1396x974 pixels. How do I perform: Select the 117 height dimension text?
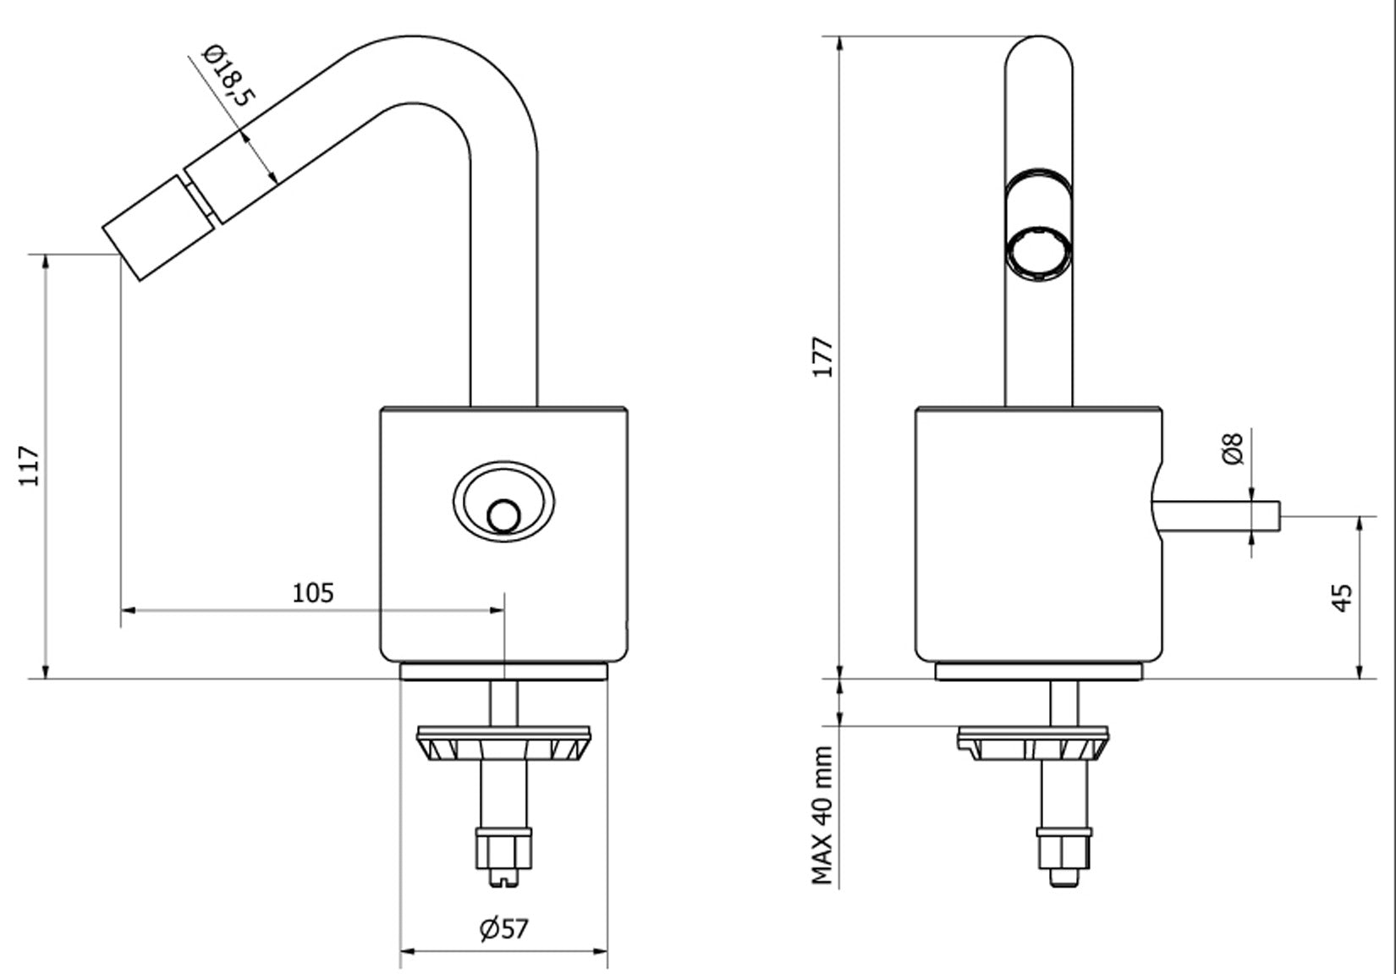30,465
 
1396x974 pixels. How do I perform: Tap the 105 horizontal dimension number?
313,593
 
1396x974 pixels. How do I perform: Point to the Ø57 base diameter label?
503,929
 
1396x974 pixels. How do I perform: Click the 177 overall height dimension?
823,357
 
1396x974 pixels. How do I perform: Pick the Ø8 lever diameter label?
1234,448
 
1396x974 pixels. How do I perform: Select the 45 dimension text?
1342,597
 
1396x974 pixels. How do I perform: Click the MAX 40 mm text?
823,815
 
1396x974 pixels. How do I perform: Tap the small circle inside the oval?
503,516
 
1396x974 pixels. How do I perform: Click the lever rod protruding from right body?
1218,515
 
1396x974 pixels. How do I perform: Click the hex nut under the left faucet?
504,847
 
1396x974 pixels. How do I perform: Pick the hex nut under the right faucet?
1063,847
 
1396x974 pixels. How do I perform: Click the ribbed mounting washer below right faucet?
1038,744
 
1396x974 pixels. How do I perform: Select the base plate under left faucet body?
503,672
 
